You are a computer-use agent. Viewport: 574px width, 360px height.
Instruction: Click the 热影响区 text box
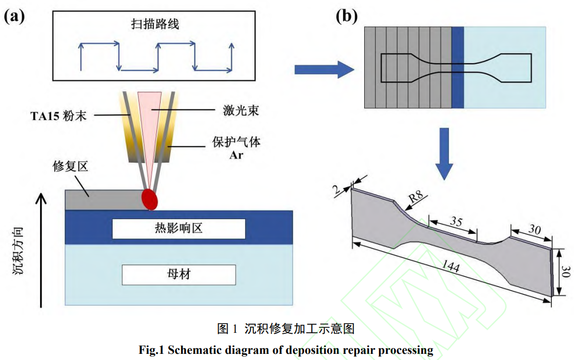pos(179,228)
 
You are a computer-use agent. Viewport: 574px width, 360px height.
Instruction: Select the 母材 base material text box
pos(179,275)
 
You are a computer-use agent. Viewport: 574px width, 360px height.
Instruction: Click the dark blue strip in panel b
pos(458,67)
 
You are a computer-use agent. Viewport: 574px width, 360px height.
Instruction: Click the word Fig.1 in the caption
pos(152,350)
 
